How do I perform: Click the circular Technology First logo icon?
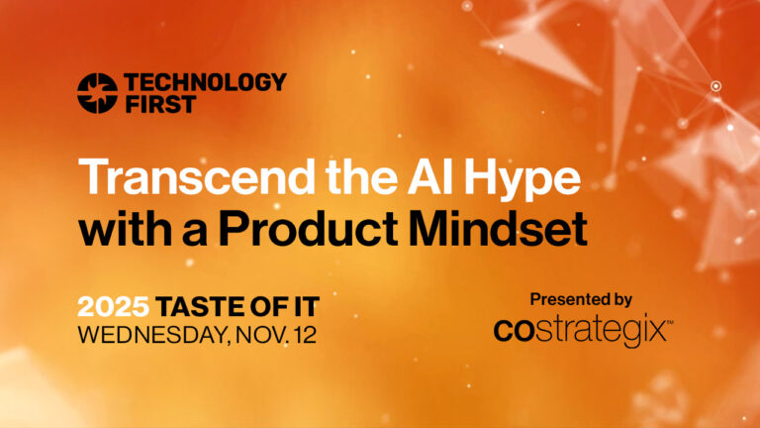click(x=97, y=92)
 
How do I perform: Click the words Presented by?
click(x=581, y=299)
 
